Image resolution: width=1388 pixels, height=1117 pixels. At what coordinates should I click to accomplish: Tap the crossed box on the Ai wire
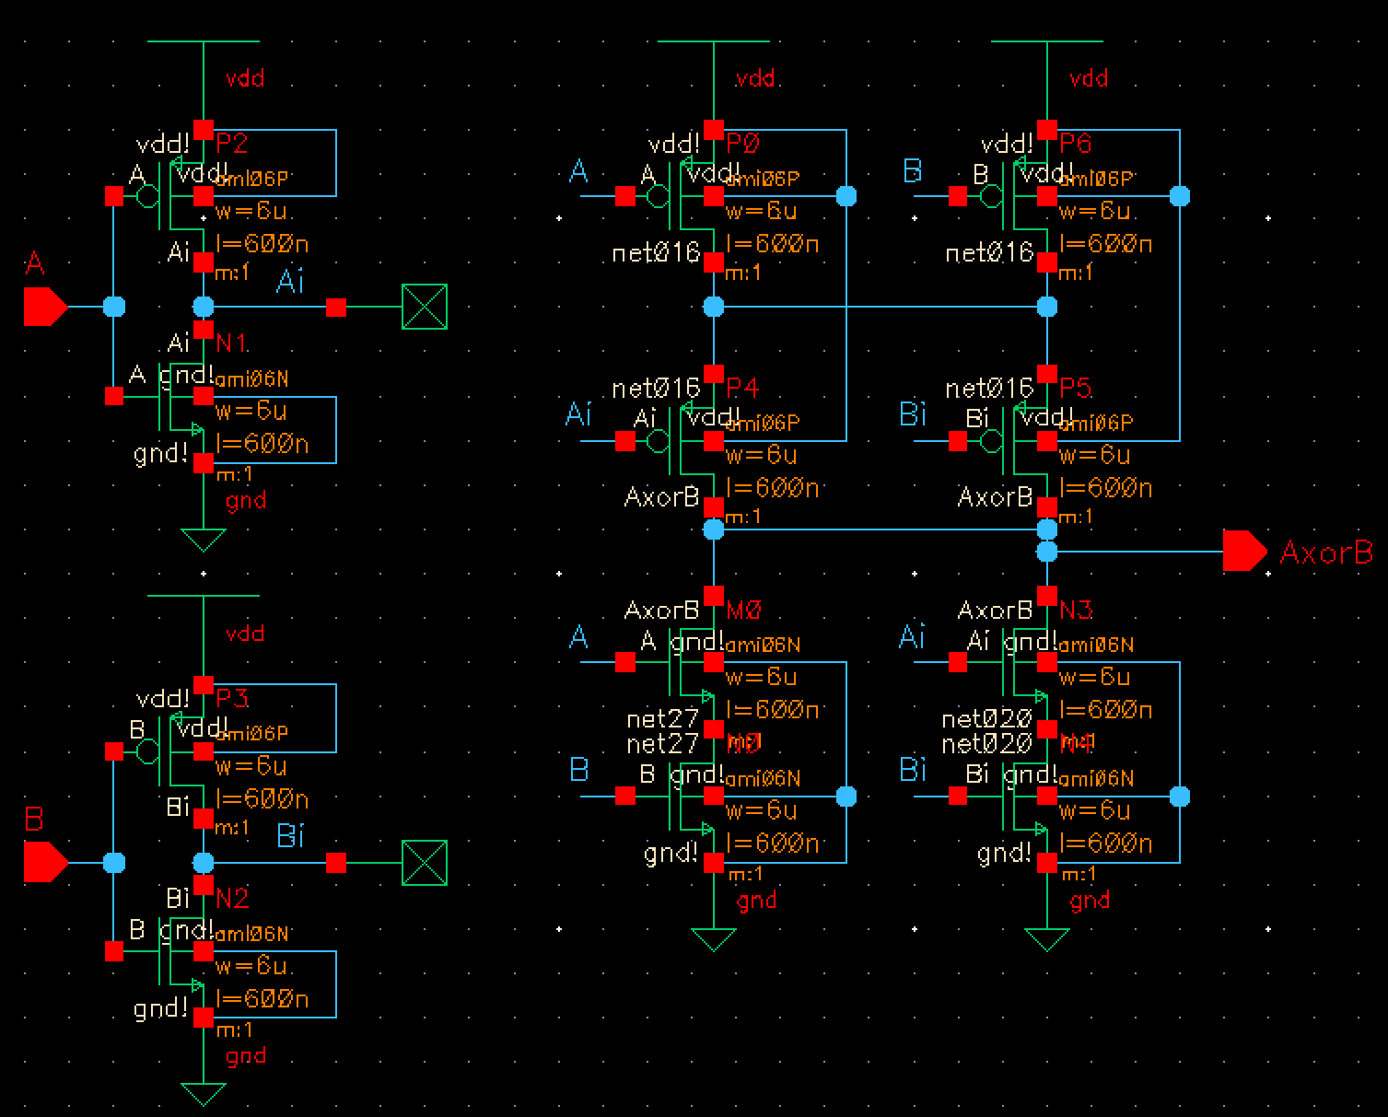(425, 307)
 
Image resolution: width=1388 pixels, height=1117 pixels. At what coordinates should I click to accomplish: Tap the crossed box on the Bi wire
(425, 863)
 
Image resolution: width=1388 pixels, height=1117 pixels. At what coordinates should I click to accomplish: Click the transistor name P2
(232, 144)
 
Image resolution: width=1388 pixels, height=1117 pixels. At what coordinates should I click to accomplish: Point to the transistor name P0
(742, 144)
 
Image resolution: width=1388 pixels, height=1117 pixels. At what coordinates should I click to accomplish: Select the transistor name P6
(1076, 144)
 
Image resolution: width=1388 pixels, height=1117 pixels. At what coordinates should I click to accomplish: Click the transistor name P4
(742, 388)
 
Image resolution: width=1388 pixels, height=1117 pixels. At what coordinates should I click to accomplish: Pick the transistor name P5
(1076, 388)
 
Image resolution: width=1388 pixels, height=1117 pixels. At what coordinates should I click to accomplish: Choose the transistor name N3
(1076, 610)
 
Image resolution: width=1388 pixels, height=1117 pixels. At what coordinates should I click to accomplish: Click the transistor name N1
(232, 343)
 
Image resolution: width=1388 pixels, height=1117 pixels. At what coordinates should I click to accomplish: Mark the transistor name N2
(232, 898)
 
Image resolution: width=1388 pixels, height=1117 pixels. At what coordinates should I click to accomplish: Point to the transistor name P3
(232, 698)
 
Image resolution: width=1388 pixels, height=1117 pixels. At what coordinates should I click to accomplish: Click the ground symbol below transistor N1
(204, 540)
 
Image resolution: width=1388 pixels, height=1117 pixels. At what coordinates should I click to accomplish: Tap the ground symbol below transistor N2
(204, 1094)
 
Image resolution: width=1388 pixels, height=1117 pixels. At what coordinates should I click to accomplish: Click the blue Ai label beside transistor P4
(577, 414)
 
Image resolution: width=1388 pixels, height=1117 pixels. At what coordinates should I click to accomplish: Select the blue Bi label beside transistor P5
(912, 414)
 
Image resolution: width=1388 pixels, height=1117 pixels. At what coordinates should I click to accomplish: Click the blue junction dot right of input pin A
(114, 307)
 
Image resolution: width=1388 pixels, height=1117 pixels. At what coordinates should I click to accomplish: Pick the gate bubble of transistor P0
(657, 196)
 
